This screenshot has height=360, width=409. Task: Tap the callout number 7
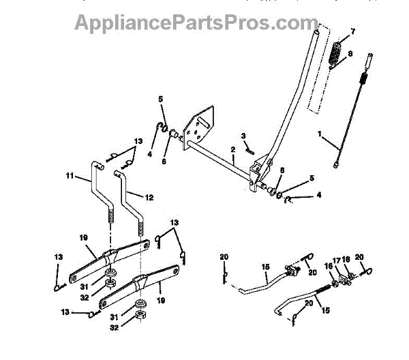coord(352,32)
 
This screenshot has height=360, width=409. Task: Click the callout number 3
coord(242,136)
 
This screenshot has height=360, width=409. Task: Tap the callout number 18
coord(346,260)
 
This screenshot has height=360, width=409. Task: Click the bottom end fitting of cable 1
coord(337,164)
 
